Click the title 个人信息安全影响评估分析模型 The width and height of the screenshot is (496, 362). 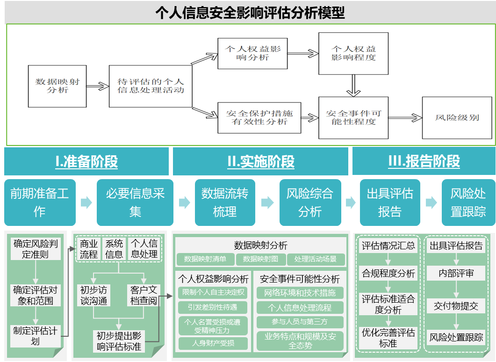(x=250, y=13)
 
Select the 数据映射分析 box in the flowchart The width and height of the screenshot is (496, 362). (x=58, y=86)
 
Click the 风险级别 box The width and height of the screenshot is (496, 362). (x=457, y=118)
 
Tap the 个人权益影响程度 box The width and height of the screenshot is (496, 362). (x=353, y=53)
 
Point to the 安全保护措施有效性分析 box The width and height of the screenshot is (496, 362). (x=259, y=117)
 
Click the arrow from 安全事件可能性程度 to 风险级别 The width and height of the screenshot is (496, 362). (x=405, y=118)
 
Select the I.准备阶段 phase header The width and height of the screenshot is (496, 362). (x=86, y=162)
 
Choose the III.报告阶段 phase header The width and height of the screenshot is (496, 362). (x=424, y=162)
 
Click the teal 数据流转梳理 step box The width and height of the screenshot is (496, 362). (x=224, y=203)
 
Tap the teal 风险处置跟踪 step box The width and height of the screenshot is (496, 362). (x=468, y=203)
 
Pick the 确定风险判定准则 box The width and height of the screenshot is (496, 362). (x=36, y=249)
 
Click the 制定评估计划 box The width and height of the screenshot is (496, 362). (x=36, y=336)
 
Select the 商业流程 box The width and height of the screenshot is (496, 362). (x=89, y=249)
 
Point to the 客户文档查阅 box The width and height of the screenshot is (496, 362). (x=144, y=296)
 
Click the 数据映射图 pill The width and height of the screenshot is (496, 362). (x=260, y=259)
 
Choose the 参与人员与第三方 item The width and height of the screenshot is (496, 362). (x=300, y=322)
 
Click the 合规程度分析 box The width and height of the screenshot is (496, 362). (x=388, y=274)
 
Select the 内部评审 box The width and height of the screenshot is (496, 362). (x=456, y=274)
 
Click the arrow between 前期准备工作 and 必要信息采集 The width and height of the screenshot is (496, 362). (x=86, y=203)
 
